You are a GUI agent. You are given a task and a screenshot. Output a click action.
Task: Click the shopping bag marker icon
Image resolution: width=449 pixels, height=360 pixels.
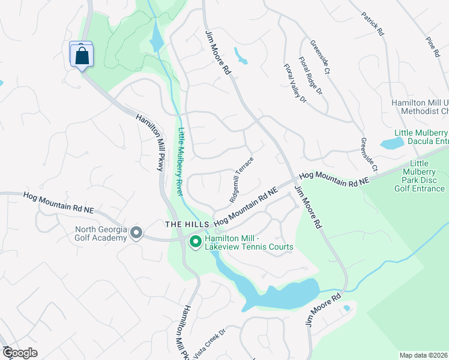[x=81, y=56]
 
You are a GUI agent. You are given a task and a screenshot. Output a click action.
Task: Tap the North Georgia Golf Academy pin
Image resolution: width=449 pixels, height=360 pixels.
[x=136, y=232]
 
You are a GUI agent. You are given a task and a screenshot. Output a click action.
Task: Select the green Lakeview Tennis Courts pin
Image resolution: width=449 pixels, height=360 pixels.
[x=195, y=242]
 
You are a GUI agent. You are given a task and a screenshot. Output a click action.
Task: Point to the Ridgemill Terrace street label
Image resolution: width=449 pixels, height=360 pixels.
[x=241, y=179]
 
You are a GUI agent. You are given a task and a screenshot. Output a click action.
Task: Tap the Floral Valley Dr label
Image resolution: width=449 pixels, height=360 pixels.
[x=295, y=83]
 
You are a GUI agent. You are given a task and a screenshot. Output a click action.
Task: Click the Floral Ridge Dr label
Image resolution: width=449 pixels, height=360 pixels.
[x=312, y=76]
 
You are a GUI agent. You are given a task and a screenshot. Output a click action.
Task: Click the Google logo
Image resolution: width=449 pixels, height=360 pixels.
[x=20, y=353]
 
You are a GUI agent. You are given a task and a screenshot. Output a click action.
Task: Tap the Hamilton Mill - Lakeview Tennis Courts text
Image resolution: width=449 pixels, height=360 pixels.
[x=249, y=242]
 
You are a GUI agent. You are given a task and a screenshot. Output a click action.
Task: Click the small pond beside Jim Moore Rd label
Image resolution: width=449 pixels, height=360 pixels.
[x=241, y=56]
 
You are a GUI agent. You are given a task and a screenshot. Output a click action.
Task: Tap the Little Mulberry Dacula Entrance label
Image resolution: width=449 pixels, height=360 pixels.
[x=421, y=136]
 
